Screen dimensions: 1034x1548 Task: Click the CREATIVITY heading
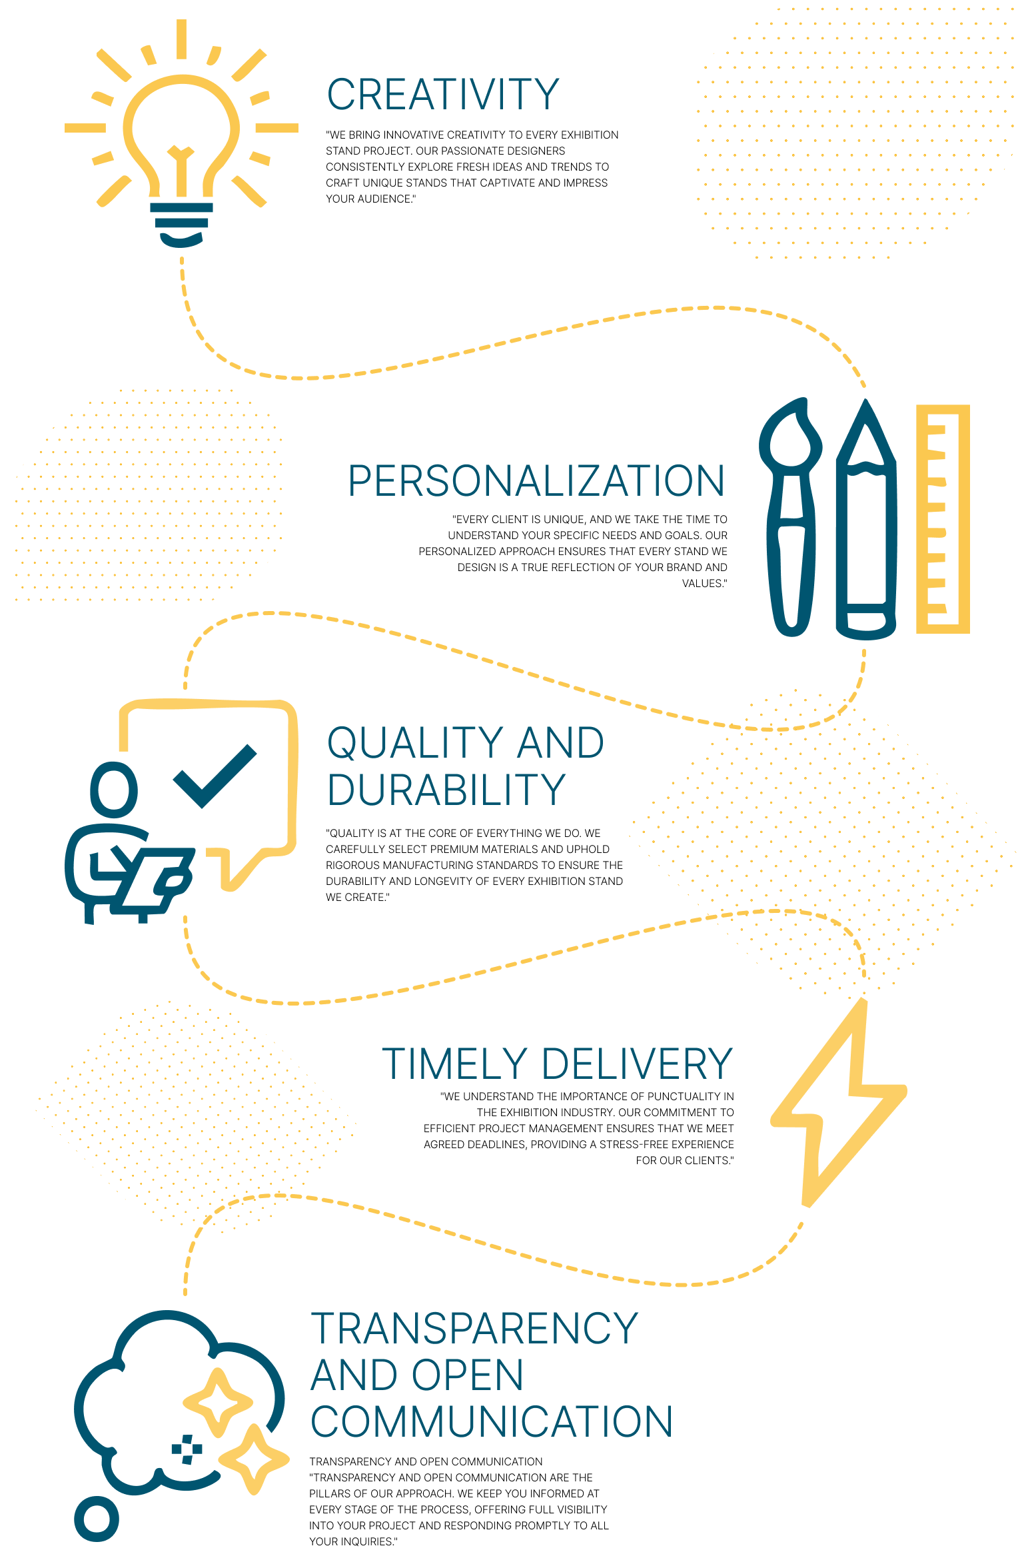443,95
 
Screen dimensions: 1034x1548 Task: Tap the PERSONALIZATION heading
536,480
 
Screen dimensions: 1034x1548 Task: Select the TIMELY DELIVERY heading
557,1064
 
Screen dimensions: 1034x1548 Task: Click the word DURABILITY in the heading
446,790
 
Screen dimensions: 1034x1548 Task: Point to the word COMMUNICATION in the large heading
492,1421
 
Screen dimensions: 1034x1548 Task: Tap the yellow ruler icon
943,518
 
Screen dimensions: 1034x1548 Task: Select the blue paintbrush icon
791,517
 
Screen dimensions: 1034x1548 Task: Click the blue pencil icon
866,519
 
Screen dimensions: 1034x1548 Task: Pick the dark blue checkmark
215,776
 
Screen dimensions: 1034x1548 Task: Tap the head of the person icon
114,790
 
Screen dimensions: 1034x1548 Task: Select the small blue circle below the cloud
97,1519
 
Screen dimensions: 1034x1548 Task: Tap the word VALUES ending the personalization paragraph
703,583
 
